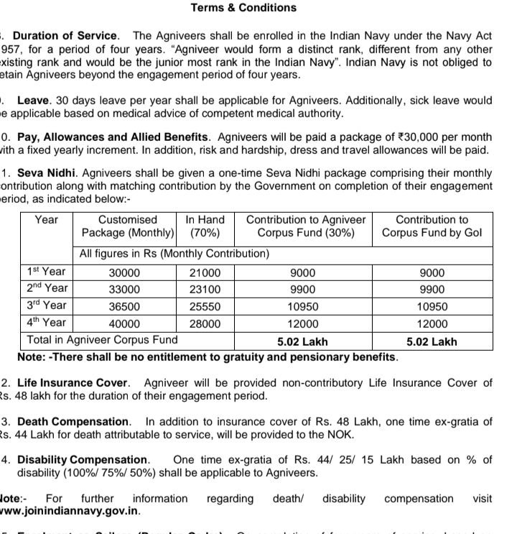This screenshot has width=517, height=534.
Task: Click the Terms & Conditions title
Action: click(x=243, y=8)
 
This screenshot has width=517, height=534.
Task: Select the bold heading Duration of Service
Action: click(x=65, y=35)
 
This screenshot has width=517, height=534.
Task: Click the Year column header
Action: click(x=47, y=219)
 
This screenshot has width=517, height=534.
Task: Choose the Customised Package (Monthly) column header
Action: click(x=128, y=226)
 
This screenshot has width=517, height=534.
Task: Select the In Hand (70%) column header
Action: click(x=205, y=226)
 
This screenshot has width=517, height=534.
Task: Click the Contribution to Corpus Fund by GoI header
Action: click(x=432, y=226)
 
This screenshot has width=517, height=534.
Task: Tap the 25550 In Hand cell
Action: click(x=205, y=306)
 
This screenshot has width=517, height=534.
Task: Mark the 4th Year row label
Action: click(x=46, y=323)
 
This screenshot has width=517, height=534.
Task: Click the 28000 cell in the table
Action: click(x=205, y=324)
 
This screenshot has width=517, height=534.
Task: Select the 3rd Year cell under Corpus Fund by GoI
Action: click(x=432, y=306)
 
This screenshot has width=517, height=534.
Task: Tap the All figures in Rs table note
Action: click(x=174, y=254)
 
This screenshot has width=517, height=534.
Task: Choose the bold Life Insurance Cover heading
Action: click(x=73, y=382)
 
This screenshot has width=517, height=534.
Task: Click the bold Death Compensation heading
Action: click(x=74, y=421)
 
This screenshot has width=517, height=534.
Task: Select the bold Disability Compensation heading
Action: click(x=83, y=459)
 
